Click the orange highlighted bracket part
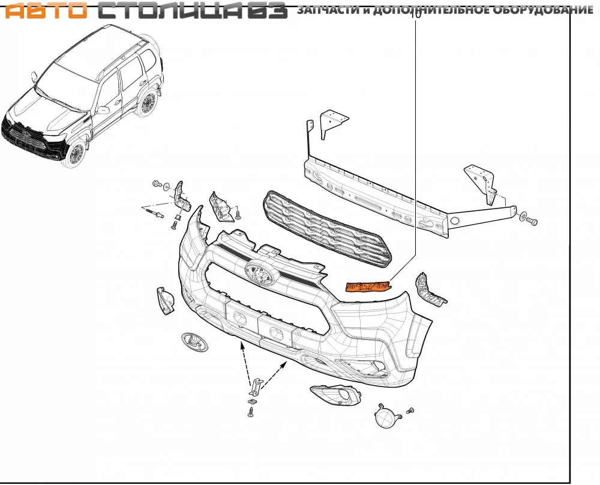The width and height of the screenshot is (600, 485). tap(368, 287)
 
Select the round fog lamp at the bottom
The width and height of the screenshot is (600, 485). tap(387, 416)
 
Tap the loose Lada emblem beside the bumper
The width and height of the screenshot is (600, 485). tap(195, 342)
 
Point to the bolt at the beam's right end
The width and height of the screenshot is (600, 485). tap(532, 221)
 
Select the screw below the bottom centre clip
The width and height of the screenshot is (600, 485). tap(251, 412)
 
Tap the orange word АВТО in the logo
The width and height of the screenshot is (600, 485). tap(46, 11)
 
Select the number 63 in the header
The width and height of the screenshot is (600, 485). tap(268, 10)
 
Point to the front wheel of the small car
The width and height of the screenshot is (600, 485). tap(76, 154)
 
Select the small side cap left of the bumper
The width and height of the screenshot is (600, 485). tap(165, 300)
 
